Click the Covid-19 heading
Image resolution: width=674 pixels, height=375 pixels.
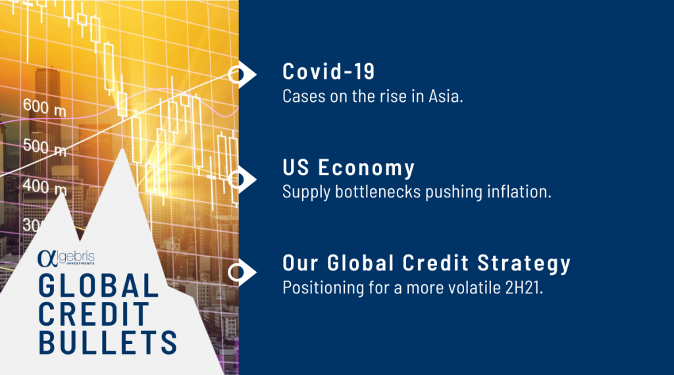(x=329, y=71)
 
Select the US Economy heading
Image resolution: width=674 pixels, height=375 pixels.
(x=349, y=167)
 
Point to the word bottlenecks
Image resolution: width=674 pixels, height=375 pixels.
(x=378, y=191)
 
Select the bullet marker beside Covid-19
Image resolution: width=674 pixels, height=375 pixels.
(x=241, y=75)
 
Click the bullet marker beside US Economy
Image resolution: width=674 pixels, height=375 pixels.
(x=241, y=179)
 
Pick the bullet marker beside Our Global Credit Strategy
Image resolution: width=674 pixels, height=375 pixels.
(x=241, y=272)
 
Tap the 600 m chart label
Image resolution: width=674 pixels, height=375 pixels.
(x=45, y=107)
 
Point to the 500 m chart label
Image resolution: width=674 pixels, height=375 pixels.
(x=45, y=147)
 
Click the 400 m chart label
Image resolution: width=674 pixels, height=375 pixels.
(x=45, y=187)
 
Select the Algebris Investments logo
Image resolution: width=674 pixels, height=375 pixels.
(x=66, y=258)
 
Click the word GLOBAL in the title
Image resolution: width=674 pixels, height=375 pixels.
(x=99, y=286)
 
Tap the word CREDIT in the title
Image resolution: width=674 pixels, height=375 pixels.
(x=93, y=314)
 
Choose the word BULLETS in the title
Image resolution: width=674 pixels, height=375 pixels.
(x=107, y=342)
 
